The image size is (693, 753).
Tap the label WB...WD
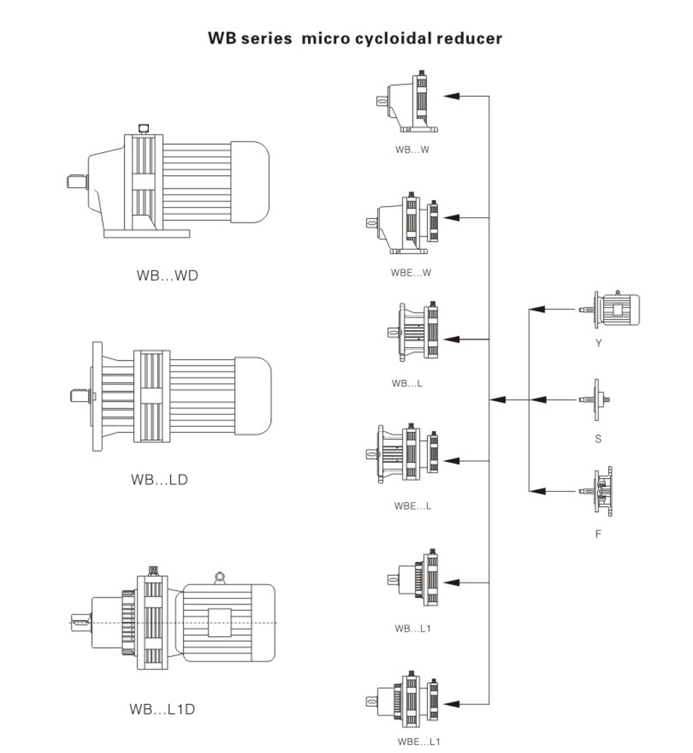click(x=167, y=275)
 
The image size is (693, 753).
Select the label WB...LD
click(x=160, y=479)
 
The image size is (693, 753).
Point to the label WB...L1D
click(x=162, y=709)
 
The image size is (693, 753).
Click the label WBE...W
click(x=411, y=273)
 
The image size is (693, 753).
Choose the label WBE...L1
click(x=419, y=741)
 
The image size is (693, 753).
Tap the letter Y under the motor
click(x=598, y=343)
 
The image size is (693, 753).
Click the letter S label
click(x=598, y=438)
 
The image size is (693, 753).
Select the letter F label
click(x=598, y=534)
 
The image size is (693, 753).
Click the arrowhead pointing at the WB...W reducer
click(x=451, y=96)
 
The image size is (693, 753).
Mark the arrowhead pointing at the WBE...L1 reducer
click(x=451, y=704)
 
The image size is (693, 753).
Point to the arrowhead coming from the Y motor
click(x=537, y=309)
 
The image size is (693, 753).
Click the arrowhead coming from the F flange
click(x=537, y=491)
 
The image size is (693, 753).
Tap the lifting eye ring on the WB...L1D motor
click(x=219, y=576)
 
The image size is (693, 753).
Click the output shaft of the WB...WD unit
click(x=77, y=182)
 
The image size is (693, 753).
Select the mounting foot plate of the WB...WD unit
click(x=147, y=233)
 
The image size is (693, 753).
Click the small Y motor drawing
click(x=610, y=309)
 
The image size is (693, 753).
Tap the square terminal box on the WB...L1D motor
click(x=219, y=622)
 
